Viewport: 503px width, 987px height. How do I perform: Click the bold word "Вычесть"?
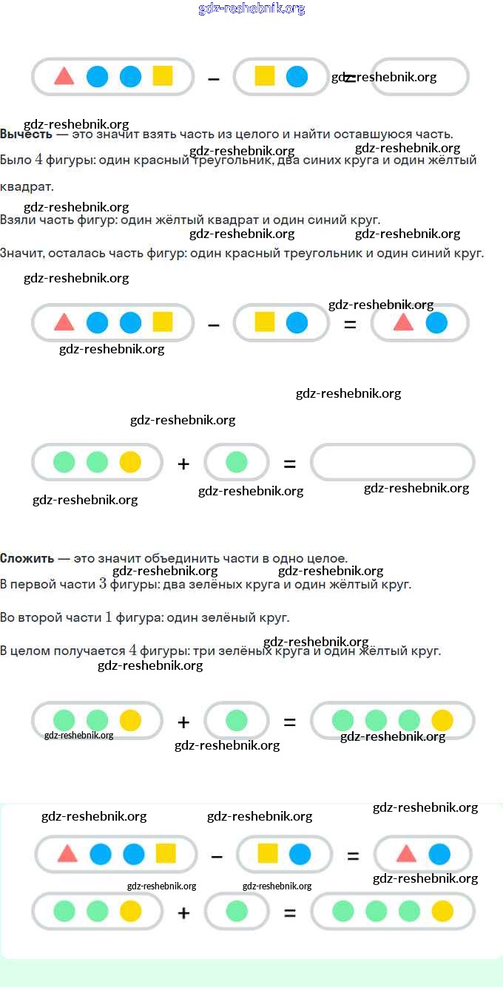26,135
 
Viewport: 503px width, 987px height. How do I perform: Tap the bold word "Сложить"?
27,558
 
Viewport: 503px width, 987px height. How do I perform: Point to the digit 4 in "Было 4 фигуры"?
38,160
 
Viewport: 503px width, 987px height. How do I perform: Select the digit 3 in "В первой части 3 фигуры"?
103,584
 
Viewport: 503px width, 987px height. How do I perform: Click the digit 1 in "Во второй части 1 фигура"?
109,617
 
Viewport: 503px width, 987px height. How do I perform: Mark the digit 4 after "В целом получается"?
132,651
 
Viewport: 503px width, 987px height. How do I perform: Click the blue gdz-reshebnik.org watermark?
251,9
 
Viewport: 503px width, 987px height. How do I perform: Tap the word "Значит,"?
21,253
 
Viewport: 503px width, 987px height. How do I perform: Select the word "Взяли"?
17,220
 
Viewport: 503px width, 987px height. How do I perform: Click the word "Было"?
16,160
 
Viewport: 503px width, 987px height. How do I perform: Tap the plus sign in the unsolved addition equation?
183,464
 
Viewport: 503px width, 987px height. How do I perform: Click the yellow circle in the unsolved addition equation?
130,462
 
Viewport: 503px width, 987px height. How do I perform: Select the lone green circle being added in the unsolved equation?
237,462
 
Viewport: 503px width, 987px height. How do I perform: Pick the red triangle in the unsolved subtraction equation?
64,76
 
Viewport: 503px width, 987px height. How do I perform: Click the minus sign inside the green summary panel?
217,855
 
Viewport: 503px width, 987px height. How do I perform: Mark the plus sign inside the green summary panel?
183,913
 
